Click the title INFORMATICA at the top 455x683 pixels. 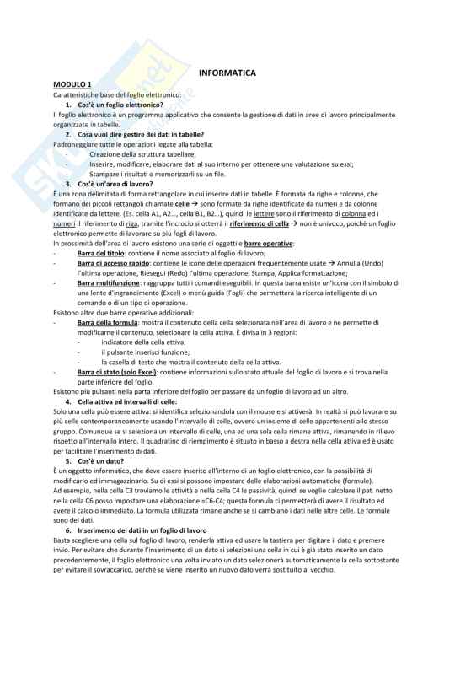(x=227, y=73)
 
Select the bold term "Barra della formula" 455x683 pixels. (x=106, y=323)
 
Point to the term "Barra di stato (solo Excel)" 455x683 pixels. (x=118, y=372)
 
